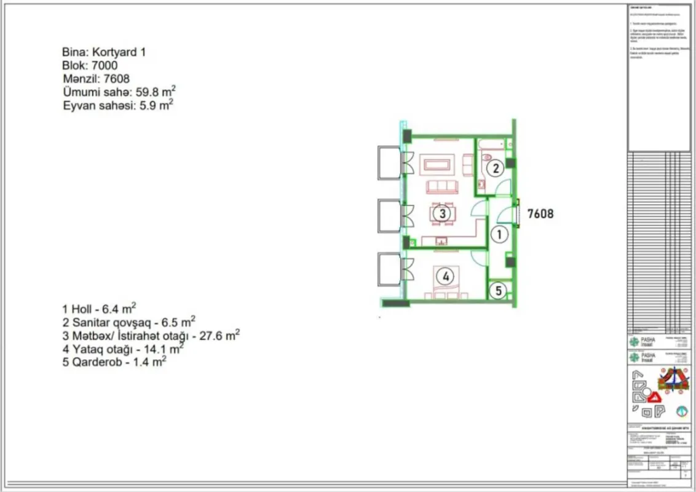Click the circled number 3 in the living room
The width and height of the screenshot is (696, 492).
tap(441, 213)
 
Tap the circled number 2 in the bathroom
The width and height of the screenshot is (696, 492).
tap(494, 167)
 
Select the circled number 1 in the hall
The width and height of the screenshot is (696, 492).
tap(500, 234)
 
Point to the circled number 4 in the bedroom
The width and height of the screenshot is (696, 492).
tap(446, 276)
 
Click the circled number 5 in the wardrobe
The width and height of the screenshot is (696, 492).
tap(499, 290)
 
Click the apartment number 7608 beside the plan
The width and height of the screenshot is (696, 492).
tap(540, 214)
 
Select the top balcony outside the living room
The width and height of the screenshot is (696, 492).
tap(389, 162)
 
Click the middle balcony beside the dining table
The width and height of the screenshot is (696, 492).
tap(389, 216)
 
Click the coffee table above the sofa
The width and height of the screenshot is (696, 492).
tap(437, 165)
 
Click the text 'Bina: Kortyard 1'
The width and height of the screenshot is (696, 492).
tap(104, 52)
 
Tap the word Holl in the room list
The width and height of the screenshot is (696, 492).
tap(81, 309)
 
